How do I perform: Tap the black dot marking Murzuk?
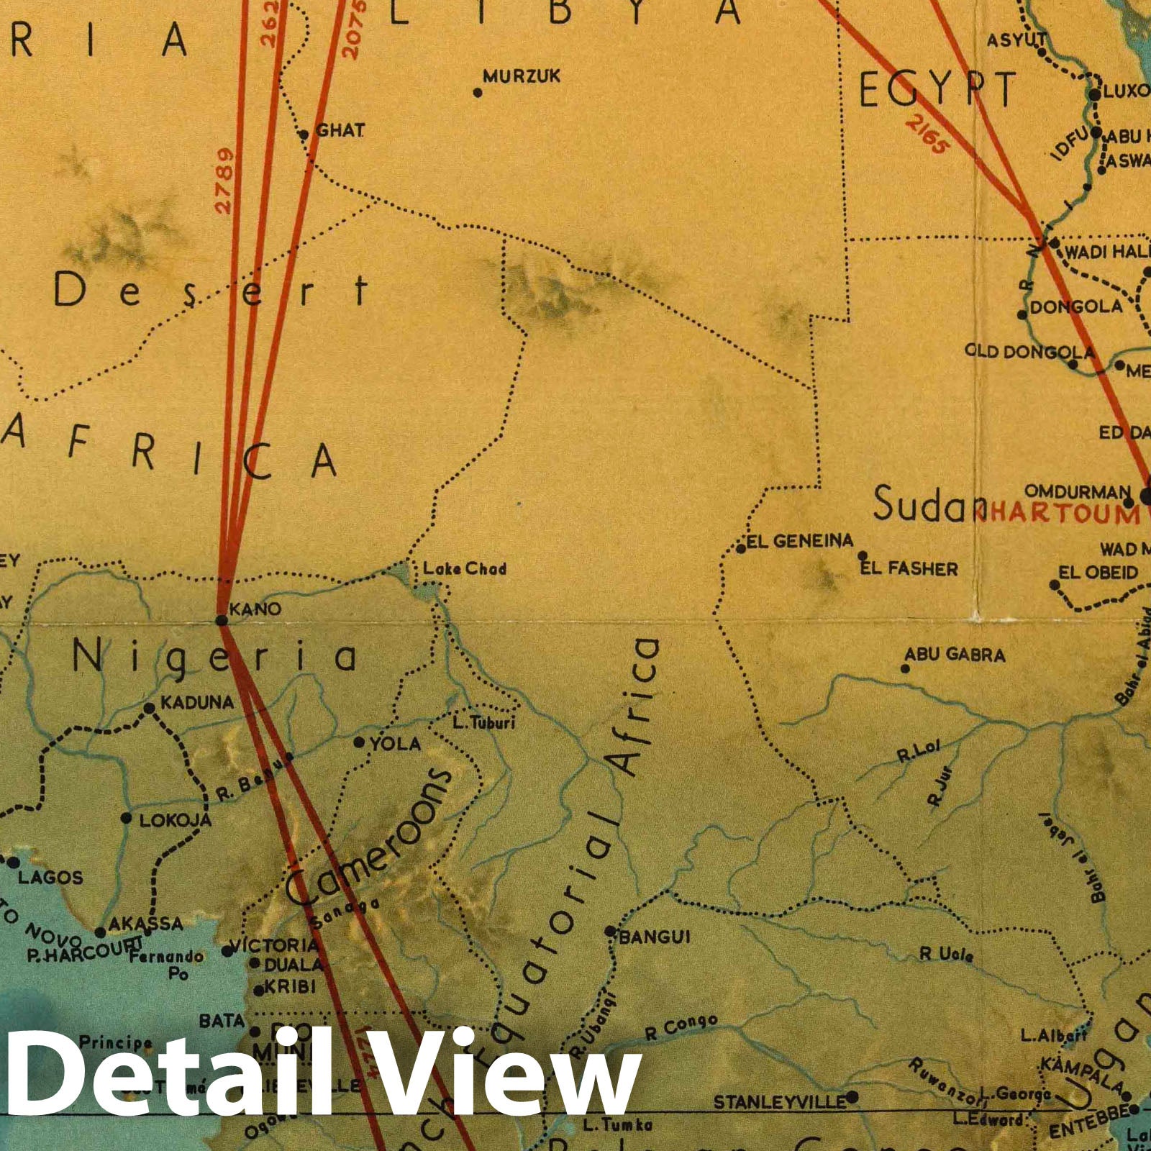click(x=477, y=92)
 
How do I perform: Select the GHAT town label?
click(x=340, y=131)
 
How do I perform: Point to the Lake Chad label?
click(x=464, y=569)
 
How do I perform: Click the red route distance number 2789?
click(x=224, y=180)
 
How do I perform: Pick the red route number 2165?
click(x=927, y=135)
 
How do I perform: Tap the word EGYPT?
click(x=937, y=89)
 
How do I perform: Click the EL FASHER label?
click(x=909, y=569)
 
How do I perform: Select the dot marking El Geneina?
click(x=741, y=549)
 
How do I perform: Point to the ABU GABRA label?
click(x=955, y=655)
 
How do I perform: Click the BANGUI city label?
click(x=655, y=937)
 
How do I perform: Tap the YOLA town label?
click(x=395, y=743)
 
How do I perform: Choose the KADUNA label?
click(x=197, y=702)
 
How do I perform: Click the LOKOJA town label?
click(x=175, y=820)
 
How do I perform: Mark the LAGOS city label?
click(x=50, y=877)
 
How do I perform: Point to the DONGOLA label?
click(x=1075, y=307)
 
